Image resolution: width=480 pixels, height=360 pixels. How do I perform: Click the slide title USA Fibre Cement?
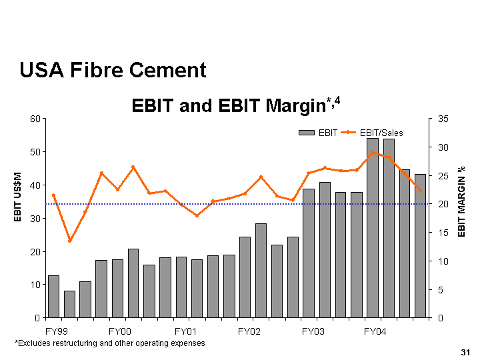pos(113,69)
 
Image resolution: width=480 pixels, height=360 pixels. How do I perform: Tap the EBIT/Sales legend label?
pos(381,133)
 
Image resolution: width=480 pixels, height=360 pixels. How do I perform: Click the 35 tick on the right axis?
pos(443,119)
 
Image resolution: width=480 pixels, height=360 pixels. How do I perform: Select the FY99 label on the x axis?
pos(55,331)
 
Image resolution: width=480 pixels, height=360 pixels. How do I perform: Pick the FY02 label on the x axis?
pos(248,331)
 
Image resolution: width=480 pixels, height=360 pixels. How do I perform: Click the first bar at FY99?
pos(53,296)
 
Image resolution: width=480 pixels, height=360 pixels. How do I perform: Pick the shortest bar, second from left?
pos(69,304)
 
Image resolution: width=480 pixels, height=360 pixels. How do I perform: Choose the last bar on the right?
pos(421,245)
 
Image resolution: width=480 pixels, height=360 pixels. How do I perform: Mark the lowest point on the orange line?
pos(69,241)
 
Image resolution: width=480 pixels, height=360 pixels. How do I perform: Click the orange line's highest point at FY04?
pos(373,153)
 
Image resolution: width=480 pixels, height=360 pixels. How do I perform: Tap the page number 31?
pos(465,351)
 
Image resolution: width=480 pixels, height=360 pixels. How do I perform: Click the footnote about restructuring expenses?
pos(110,343)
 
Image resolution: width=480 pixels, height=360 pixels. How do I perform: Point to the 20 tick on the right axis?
pos(443,204)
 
